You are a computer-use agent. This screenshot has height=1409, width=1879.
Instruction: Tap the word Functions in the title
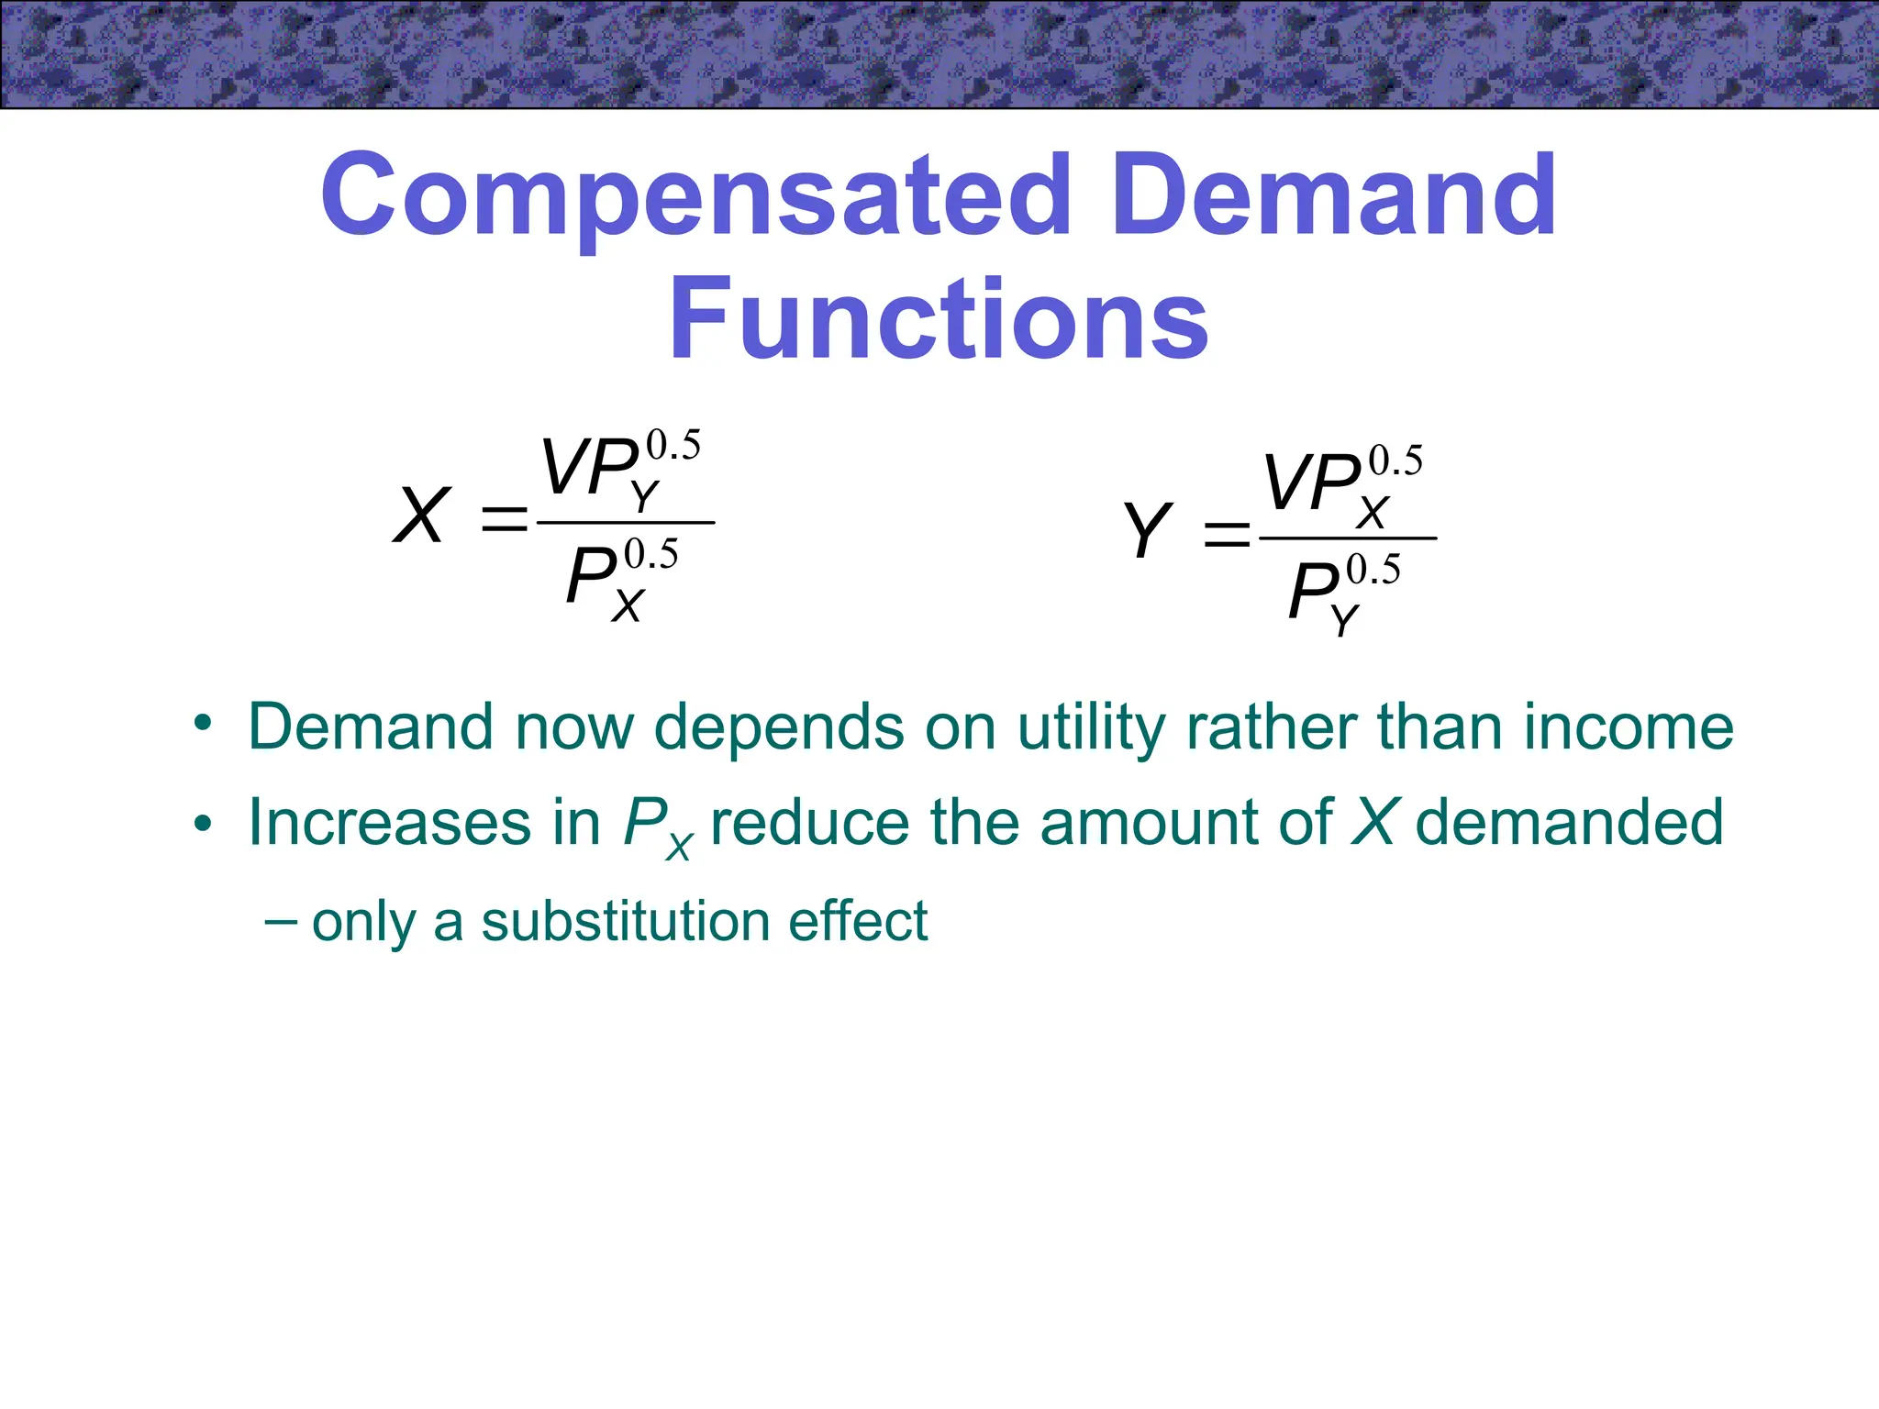point(939,318)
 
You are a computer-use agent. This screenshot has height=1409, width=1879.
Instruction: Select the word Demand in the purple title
point(1335,195)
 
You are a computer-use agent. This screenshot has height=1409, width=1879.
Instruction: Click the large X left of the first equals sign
point(421,516)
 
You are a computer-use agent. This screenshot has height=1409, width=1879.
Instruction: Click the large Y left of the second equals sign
point(1147,531)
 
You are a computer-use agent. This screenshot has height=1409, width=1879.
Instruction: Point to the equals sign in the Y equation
point(1227,534)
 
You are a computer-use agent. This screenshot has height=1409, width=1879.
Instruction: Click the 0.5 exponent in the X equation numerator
point(673,446)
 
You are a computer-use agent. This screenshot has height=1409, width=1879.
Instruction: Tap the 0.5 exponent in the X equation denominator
point(650,555)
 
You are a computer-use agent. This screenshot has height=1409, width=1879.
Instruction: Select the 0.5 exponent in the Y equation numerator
point(1395,460)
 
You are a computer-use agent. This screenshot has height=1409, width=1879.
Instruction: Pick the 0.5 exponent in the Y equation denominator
point(1373,571)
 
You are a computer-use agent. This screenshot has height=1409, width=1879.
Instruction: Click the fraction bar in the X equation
point(625,523)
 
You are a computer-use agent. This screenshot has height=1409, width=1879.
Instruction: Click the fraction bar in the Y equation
point(1347,538)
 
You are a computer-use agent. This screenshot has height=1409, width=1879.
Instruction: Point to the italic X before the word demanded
point(1374,822)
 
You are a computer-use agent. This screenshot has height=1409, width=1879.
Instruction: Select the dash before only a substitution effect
point(279,920)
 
